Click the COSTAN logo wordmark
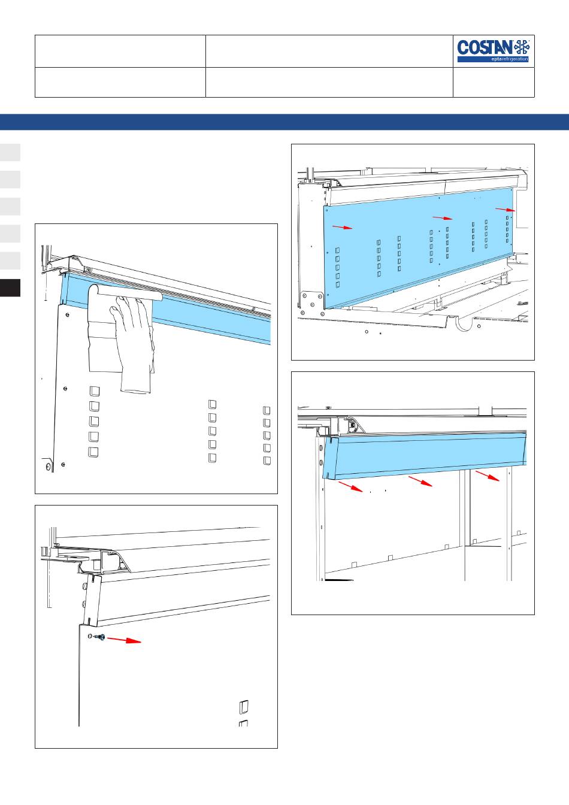point(485,47)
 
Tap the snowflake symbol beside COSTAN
point(522,47)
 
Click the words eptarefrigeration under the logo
point(510,59)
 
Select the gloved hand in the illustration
point(133,343)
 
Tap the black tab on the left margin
point(10,288)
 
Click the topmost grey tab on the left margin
point(10,152)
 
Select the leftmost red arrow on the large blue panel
point(342,227)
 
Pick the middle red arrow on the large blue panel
point(443,218)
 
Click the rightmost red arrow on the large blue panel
point(506,210)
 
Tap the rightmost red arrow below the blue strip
point(488,476)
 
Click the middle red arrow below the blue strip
point(420,481)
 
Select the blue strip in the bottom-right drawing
point(425,455)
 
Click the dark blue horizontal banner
point(284,122)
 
